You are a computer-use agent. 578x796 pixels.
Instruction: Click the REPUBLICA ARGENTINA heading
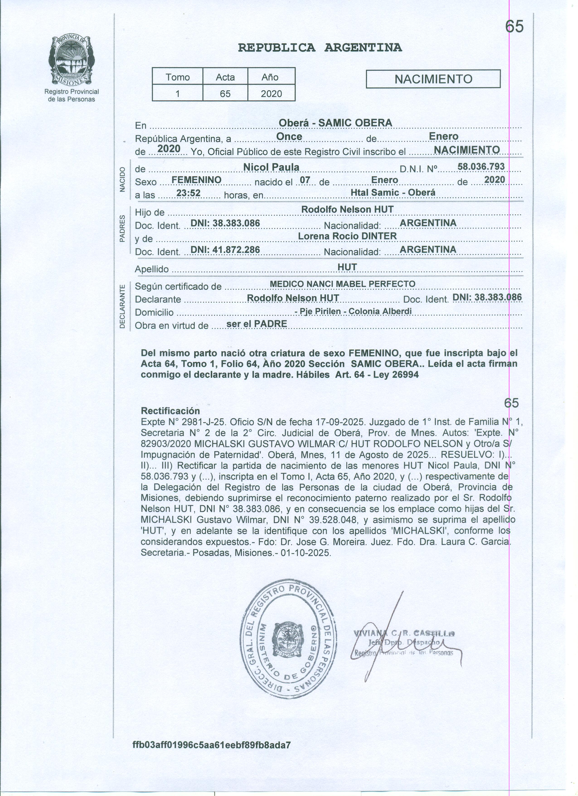(320, 47)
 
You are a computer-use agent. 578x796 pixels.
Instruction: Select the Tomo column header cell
(177, 77)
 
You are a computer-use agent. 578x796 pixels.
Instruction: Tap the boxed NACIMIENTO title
(433, 79)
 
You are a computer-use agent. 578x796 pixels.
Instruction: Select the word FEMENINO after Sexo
(197, 180)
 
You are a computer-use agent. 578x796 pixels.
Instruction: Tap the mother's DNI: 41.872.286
(225, 249)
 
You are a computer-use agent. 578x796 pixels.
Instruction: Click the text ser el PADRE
(257, 324)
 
